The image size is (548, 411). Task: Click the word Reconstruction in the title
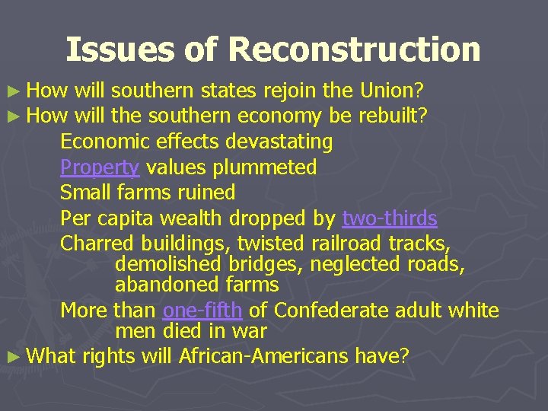point(354,50)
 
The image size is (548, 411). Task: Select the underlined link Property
point(100,167)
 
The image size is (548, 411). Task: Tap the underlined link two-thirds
point(390,219)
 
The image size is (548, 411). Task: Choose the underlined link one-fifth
point(202,311)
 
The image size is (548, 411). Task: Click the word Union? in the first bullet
point(391,92)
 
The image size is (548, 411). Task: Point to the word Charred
point(96,244)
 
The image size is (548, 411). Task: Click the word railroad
point(347,244)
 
